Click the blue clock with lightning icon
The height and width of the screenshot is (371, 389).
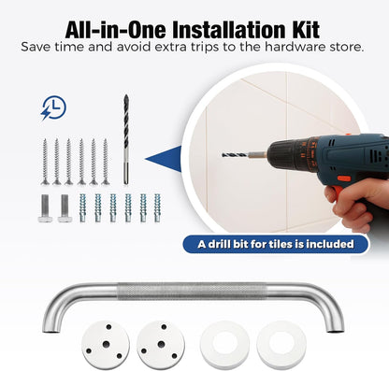53,107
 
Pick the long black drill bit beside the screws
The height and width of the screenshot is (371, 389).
125,139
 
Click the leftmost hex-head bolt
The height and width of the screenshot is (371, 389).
44,208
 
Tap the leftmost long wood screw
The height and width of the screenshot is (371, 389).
45,162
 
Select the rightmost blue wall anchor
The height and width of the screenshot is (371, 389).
157,208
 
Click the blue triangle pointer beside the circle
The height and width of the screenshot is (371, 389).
164,159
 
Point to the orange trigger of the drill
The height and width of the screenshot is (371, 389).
344,179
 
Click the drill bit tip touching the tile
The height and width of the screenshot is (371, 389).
223,155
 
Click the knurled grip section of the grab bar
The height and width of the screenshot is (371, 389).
193,292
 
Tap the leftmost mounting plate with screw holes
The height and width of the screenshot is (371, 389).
106,344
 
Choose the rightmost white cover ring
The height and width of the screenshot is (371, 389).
281,345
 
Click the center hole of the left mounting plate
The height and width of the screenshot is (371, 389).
106,344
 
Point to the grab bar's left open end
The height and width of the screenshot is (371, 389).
50,331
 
